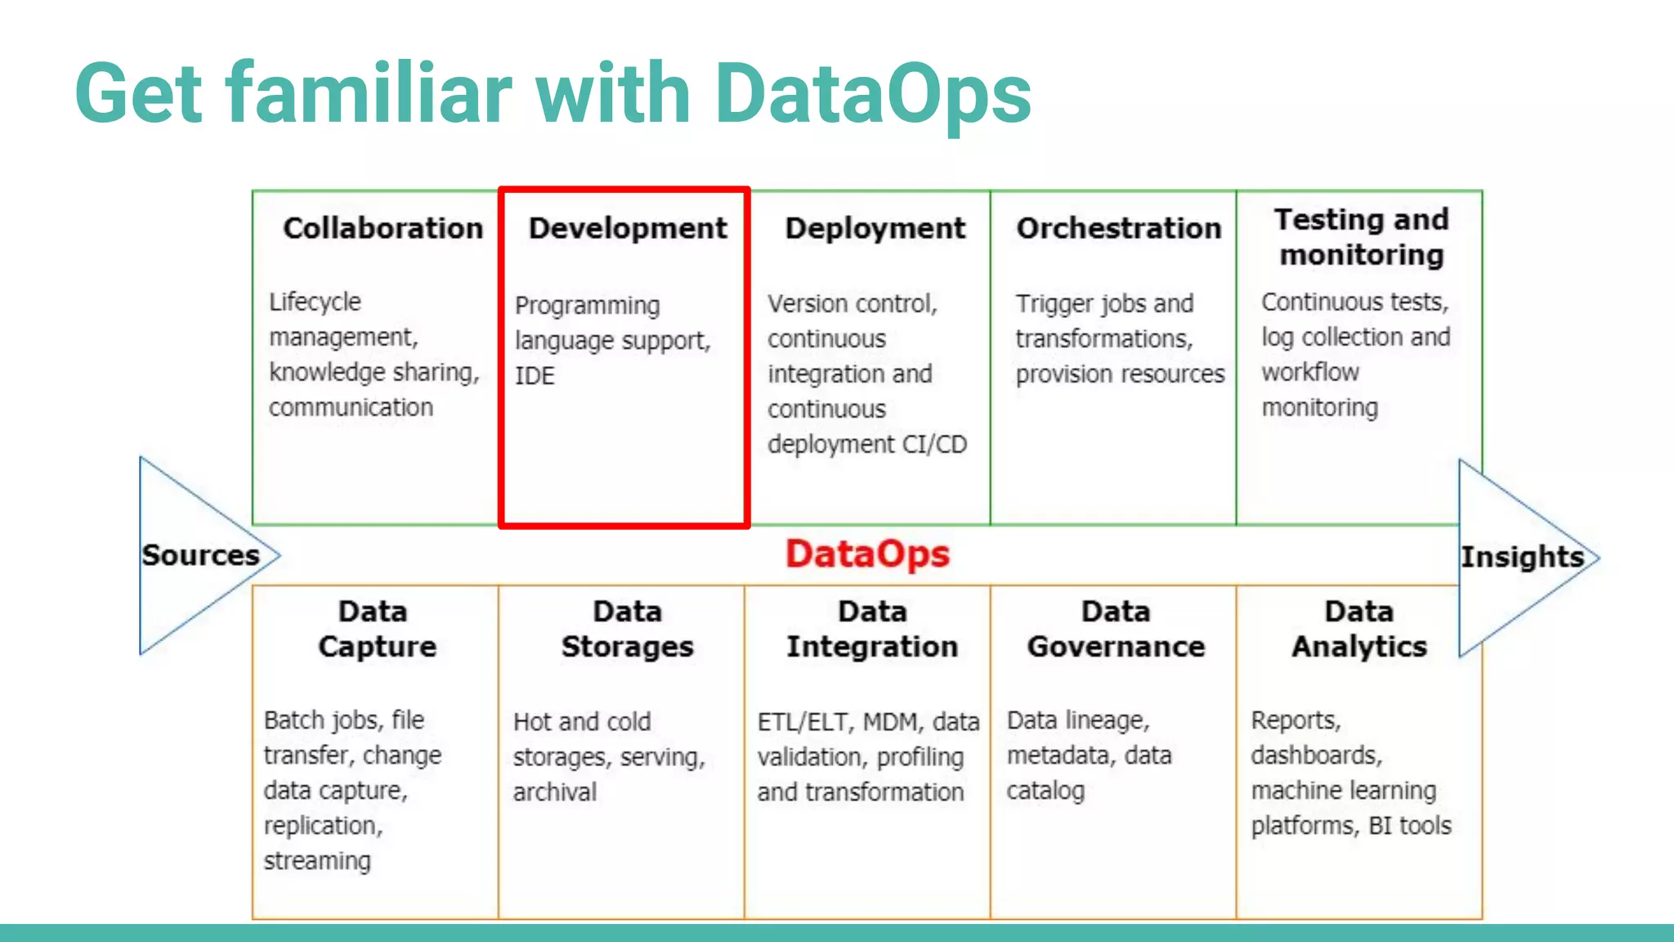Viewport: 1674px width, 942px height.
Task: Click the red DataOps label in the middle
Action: point(867,554)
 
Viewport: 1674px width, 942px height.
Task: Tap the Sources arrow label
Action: point(200,555)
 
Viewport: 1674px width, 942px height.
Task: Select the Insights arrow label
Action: point(1522,557)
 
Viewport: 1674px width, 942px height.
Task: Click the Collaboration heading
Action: point(383,228)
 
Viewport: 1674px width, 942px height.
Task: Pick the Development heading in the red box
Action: point(627,228)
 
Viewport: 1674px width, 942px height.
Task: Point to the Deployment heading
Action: point(875,228)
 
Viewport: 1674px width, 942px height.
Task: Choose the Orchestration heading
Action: point(1118,228)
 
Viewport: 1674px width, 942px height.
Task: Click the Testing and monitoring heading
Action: point(1361,237)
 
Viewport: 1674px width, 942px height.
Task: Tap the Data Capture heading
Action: point(376,629)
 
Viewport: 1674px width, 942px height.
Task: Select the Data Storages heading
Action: point(627,629)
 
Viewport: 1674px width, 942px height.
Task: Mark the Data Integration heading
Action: point(872,629)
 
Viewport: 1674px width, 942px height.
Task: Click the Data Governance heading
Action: point(1116,629)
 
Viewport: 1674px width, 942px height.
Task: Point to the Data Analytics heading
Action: point(1359,629)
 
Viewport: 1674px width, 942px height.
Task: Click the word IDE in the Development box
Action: point(535,376)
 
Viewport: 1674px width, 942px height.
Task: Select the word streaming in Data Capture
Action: point(317,861)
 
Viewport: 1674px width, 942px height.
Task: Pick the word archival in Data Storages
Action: point(555,792)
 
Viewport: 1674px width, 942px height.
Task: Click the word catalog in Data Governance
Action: point(1045,791)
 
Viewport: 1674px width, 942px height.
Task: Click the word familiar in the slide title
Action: point(369,93)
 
